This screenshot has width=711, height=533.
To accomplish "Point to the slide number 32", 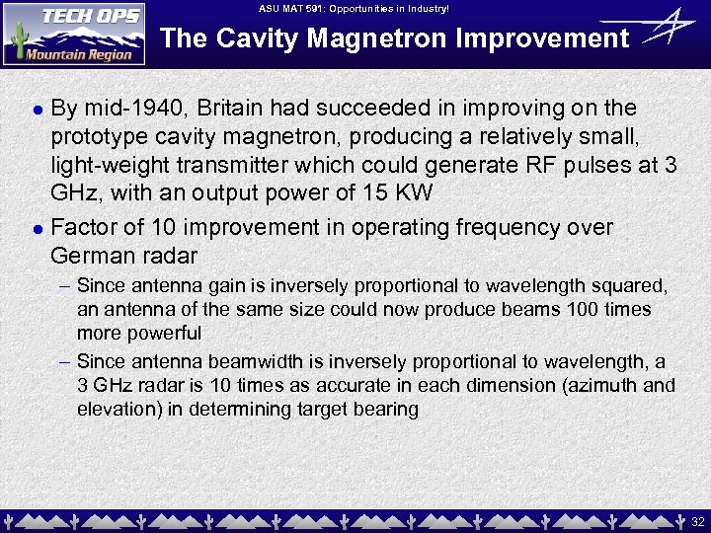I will click(697, 520).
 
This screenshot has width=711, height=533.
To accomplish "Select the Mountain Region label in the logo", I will click(78, 54).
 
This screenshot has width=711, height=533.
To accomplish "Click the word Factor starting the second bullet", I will click(81, 228).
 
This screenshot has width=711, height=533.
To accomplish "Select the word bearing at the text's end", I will click(386, 410).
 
